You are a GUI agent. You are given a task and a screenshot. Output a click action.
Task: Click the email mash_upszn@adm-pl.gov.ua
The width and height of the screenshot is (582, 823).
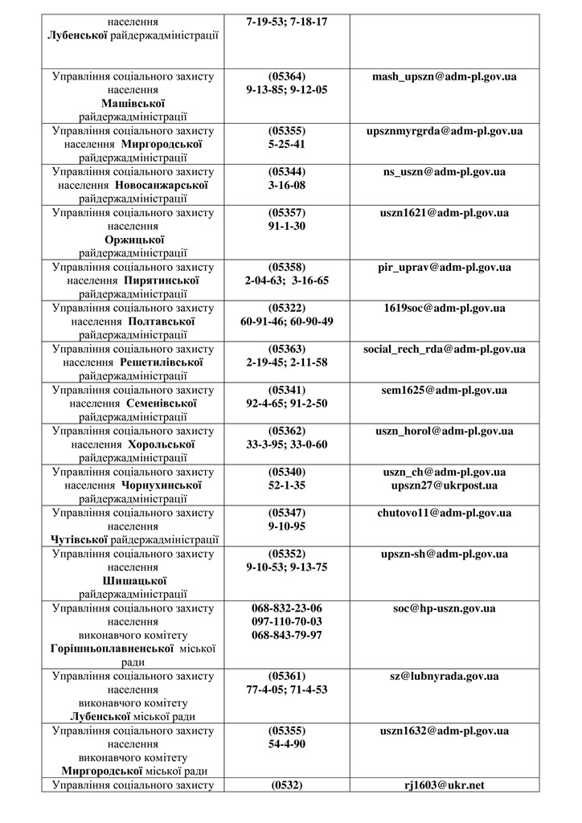[445, 76]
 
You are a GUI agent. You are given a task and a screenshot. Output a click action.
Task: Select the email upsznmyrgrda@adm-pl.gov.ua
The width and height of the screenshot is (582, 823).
[445, 130]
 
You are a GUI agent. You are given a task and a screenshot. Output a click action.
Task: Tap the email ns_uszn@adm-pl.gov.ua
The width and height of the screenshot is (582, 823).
[445, 171]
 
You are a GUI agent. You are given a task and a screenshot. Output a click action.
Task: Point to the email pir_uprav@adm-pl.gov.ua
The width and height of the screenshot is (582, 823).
[445, 267]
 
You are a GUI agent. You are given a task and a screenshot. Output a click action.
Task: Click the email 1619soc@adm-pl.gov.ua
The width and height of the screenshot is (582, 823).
[445, 308]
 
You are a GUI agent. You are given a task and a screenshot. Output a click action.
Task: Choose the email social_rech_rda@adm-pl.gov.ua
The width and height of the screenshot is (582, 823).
[445, 349]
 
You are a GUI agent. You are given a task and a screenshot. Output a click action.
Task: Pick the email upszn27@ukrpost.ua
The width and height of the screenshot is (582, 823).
[445, 485]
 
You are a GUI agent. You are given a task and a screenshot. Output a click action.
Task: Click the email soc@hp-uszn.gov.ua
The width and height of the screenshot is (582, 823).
[445, 608]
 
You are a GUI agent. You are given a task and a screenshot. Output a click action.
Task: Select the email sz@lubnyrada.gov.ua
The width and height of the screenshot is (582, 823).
[445, 677]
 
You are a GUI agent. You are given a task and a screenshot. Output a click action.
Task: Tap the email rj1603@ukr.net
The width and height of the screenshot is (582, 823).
[445, 785]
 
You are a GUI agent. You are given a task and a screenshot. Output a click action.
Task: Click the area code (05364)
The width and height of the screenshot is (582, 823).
[287, 76]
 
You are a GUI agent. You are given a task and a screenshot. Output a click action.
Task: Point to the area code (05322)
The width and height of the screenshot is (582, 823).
[287, 308]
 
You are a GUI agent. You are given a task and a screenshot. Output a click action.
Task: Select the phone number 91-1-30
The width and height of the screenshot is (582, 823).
[287, 226]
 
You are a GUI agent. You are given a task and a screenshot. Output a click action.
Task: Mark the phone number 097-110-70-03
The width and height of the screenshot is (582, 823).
[287, 622]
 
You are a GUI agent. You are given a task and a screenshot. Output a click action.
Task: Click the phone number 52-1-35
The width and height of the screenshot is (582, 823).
[287, 485]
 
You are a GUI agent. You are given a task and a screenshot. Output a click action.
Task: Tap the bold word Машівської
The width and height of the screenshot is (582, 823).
[133, 104]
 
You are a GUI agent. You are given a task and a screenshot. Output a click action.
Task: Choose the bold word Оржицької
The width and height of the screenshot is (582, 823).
[133, 240]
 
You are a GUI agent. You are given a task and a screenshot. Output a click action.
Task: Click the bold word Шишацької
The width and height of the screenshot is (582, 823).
[133, 581]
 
